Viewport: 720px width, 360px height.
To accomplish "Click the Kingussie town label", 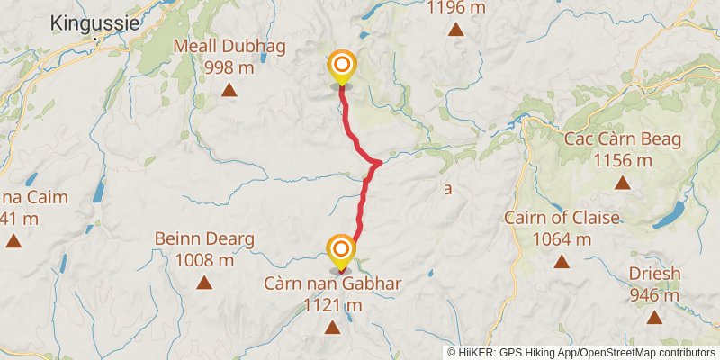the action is [x=95, y=23].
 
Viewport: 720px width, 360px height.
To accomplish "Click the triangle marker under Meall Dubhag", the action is [x=229, y=90].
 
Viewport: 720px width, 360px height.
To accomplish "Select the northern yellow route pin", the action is [x=341, y=66].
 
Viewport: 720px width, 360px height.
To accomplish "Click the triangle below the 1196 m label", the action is [x=457, y=31].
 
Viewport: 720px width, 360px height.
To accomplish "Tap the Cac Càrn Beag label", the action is [x=622, y=139].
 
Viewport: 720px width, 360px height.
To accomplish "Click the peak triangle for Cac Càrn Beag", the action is [x=622, y=183].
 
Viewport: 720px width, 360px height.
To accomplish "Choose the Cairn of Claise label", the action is [x=562, y=218].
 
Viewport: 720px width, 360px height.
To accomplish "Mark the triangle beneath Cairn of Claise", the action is [x=562, y=262].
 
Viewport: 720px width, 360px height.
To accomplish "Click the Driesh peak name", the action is [x=654, y=274].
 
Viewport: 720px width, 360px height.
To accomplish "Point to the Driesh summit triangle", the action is [x=654, y=317].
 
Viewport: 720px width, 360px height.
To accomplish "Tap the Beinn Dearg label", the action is [x=204, y=239].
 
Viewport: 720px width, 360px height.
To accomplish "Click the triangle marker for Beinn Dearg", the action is [x=204, y=283].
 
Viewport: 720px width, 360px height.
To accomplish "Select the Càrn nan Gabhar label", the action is [x=333, y=284].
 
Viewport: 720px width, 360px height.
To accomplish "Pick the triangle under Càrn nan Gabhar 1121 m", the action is [x=333, y=328].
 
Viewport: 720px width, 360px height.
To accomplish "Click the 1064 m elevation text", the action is [x=562, y=239].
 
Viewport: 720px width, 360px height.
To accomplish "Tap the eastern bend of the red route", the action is [x=380, y=162].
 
